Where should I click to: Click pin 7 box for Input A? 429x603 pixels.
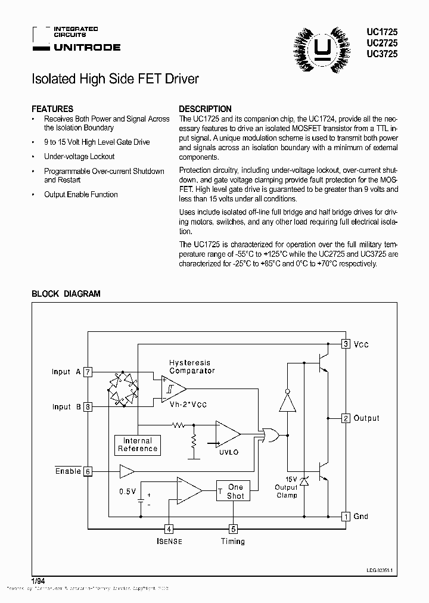pyautogui.click(x=88, y=372)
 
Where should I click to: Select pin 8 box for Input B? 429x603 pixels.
pyautogui.click(x=88, y=407)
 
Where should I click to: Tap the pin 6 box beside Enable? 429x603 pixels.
pyautogui.click(x=88, y=471)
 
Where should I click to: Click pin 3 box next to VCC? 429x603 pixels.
pyautogui.click(x=346, y=344)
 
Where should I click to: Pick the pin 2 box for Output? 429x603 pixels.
pyautogui.click(x=346, y=418)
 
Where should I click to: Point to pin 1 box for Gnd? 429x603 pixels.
pyautogui.click(x=346, y=517)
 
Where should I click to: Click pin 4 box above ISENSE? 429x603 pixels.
pyautogui.click(x=169, y=529)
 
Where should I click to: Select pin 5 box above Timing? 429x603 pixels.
pyautogui.click(x=233, y=529)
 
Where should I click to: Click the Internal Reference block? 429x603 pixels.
pyautogui.click(x=138, y=445)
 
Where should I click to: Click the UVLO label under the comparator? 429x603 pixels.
pyautogui.click(x=229, y=452)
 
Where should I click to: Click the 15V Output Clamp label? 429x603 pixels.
pyautogui.click(x=287, y=487)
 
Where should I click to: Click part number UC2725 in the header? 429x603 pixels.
pyautogui.click(x=382, y=43)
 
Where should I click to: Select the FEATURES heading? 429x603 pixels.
pyautogui.click(x=52, y=109)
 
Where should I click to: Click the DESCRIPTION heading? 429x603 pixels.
pyautogui.click(x=206, y=109)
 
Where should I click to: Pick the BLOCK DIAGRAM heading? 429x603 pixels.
pyautogui.click(x=66, y=294)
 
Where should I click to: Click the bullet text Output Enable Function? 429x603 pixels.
pyautogui.click(x=81, y=195)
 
